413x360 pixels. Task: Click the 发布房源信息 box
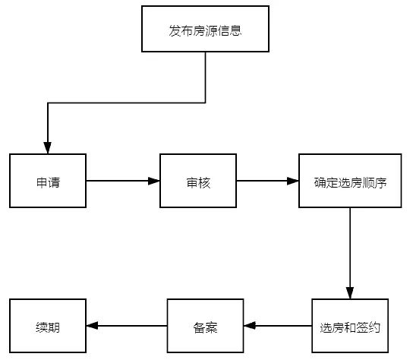pos(205,29)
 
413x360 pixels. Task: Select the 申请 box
pos(48,181)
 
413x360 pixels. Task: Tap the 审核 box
pos(198,181)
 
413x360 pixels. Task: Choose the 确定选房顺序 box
pos(350,181)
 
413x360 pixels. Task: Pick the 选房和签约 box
pos(350,326)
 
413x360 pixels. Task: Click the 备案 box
pos(205,326)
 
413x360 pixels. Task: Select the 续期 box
pos(48,326)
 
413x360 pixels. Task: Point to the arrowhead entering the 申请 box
pos(47,148)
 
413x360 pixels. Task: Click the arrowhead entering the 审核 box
pos(154,181)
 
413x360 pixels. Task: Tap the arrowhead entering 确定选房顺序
pos(293,181)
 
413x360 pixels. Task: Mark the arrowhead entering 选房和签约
pos(350,293)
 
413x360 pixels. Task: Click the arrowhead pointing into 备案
pos(250,326)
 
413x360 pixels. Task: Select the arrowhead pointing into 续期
pos(92,326)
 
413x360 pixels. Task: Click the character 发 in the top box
pos(175,31)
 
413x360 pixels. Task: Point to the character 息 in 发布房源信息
pos(235,31)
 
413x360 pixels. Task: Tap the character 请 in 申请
pos(54,182)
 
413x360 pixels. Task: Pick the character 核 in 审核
pos(204,182)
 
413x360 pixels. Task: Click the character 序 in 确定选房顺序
pos(380,182)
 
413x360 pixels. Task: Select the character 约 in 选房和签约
pos(374,327)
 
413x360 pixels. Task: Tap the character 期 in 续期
pos(54,327)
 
